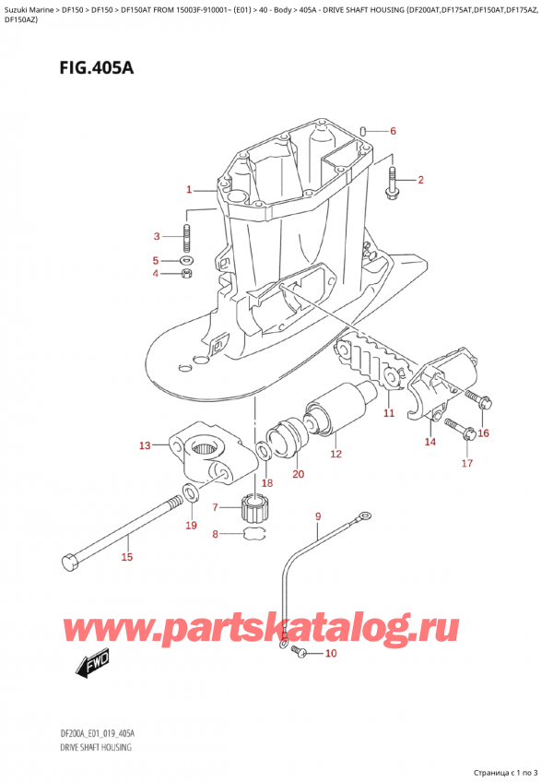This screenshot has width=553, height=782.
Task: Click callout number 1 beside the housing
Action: click(188, 190)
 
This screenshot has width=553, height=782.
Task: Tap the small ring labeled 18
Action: click(264, 450)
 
